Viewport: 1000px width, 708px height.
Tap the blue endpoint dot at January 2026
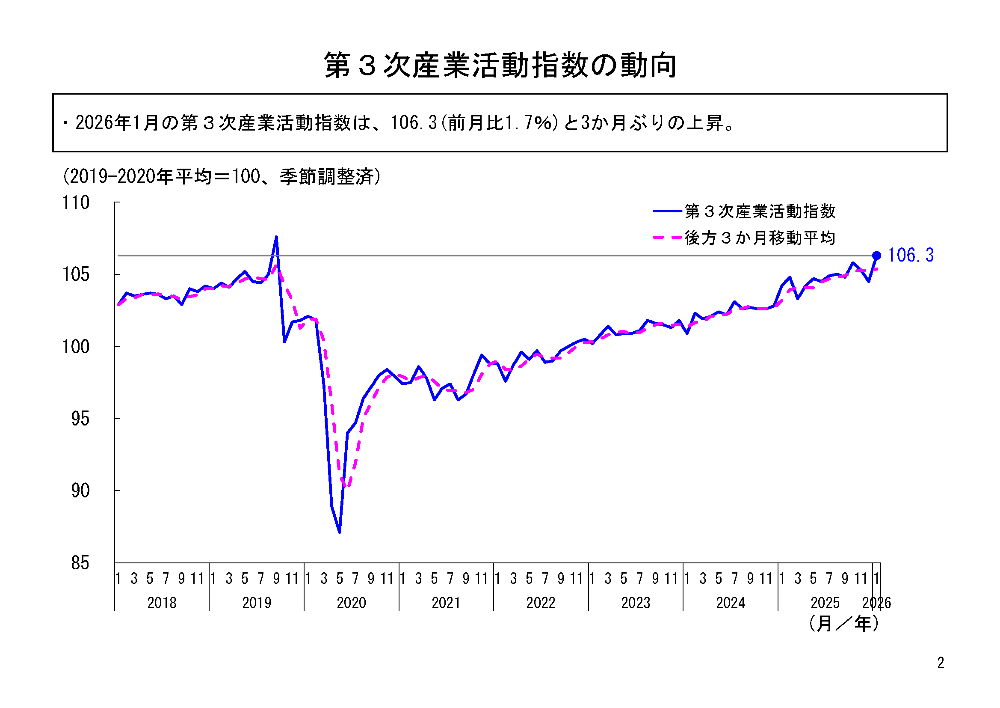(877, 256)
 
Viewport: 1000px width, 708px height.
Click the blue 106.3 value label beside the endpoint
(910, 256)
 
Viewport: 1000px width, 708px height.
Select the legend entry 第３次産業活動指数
(760, 211)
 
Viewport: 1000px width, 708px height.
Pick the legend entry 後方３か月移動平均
(760, 238)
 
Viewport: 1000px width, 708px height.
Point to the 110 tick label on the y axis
(76, 203)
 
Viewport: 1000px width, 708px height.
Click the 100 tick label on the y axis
(76, 347)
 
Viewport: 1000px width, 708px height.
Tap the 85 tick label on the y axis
(80, 563)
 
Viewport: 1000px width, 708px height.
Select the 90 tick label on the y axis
(80, 491)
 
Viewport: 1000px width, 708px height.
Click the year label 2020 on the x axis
(351, 603)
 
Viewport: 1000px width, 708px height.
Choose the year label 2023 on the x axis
(636, 603)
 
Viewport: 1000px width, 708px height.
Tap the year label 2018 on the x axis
(162, 603)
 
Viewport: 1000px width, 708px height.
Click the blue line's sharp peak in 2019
(276, 237)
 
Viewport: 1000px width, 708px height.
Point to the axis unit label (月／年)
(843, 624)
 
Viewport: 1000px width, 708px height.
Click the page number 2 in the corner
(941, 663)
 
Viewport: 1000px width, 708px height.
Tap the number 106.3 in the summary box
(413, 123)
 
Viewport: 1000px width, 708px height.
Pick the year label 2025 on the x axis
(825, 603)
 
